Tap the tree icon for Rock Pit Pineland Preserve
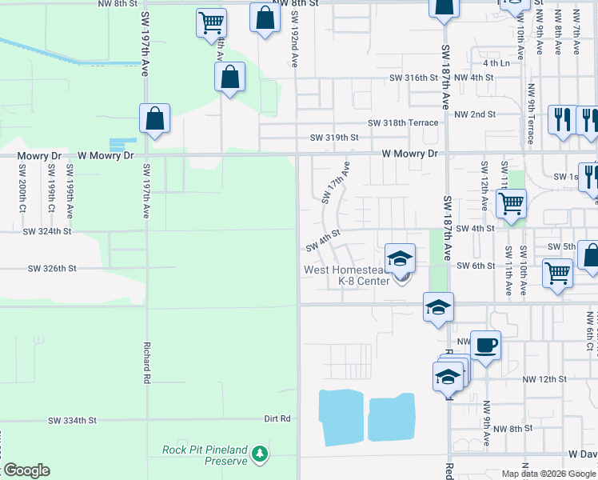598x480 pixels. pos(259,454)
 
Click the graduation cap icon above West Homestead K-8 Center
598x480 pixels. pos(400,258)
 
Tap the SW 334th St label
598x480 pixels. pos(72,420)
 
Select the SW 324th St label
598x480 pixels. pos(47,231)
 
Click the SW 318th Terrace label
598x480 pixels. pos(403,123)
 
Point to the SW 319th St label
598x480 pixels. pos(334,138)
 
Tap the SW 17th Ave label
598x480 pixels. pos(337,184)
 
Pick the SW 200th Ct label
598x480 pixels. pos(22,185)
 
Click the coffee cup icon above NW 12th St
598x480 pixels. pos(485,346)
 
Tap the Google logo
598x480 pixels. pos(26,470)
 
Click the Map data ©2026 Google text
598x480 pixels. pos(548,474)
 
